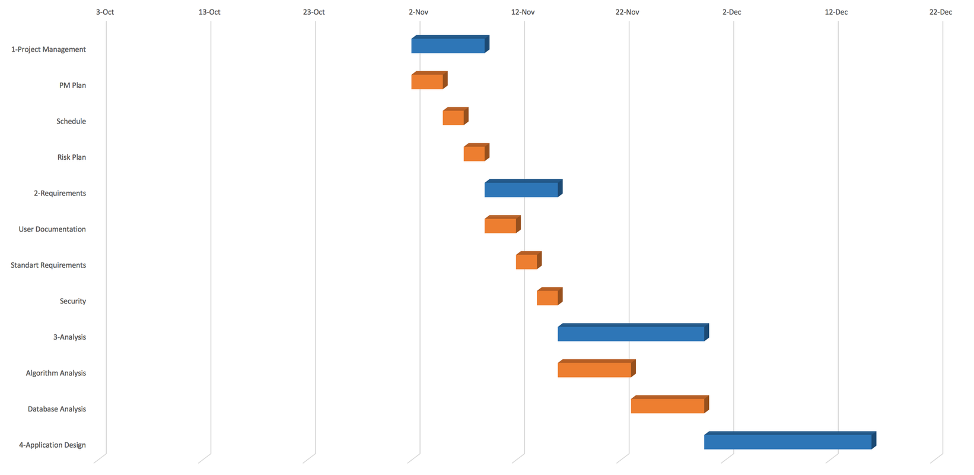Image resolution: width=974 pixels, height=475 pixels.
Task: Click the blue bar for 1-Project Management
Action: [x=448, y=45]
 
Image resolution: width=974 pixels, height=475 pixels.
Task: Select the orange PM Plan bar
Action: [x=428, y=81]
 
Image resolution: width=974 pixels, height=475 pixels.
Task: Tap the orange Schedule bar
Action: [x=454, y=118]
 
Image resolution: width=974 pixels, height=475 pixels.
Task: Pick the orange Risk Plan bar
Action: [x=475, y=153]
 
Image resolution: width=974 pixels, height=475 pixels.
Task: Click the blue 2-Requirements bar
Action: [x=521, y=189]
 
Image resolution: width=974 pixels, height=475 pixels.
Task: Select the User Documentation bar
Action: [x=501, y=226]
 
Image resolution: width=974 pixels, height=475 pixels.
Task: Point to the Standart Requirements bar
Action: [x=527, y=261]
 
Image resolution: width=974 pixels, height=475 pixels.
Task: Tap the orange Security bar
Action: [x=548, y=297]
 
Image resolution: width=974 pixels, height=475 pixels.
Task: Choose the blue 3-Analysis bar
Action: [x=631, y=334]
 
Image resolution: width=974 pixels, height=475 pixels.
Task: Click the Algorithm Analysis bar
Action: [x=594, y=369]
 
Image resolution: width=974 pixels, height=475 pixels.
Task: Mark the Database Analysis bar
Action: [x=668, y=406]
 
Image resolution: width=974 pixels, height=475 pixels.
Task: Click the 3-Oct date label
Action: [x=105, y=12]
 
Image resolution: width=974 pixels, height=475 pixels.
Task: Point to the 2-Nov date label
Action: [x=418, y=12]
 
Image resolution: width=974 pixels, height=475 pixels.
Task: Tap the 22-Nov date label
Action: [x=627, y=12]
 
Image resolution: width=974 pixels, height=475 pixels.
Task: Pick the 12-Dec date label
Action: [x=836, y=12]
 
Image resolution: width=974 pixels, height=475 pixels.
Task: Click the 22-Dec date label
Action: [x=940, y=12]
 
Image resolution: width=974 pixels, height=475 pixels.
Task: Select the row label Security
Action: [x=73, y=301]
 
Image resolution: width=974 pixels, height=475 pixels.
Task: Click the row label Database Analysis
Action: [x=57, y=409]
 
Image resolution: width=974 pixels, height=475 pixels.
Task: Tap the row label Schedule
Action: [x=71, y=121]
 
